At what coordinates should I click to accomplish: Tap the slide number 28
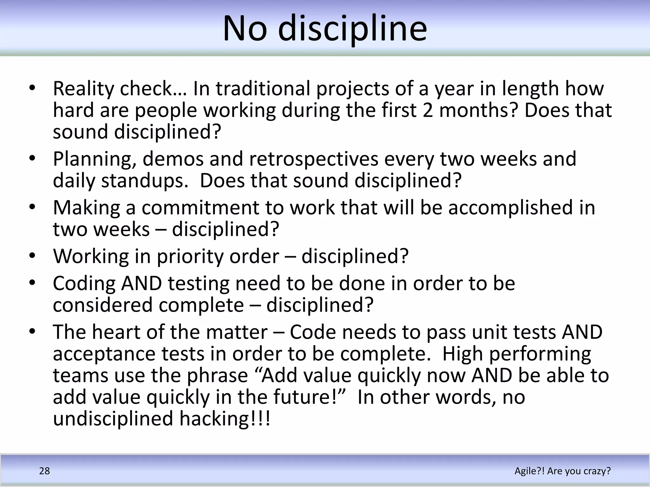click(44, 471)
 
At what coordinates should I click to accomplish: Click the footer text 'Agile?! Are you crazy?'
click(562, 471)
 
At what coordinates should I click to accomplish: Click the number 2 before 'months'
click(428, 110)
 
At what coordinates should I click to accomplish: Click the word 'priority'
click(190, 256)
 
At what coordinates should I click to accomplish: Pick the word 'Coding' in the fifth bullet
click(84, 283)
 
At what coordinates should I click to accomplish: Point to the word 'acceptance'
click(104, 354)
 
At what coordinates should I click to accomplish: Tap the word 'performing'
click(540, 354)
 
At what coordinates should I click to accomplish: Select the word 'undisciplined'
click(113, 419)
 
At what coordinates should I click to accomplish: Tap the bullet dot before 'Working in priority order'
click(32, 256)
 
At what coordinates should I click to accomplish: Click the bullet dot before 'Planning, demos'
click(32, 158)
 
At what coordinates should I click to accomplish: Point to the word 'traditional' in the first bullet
click(263, 89)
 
